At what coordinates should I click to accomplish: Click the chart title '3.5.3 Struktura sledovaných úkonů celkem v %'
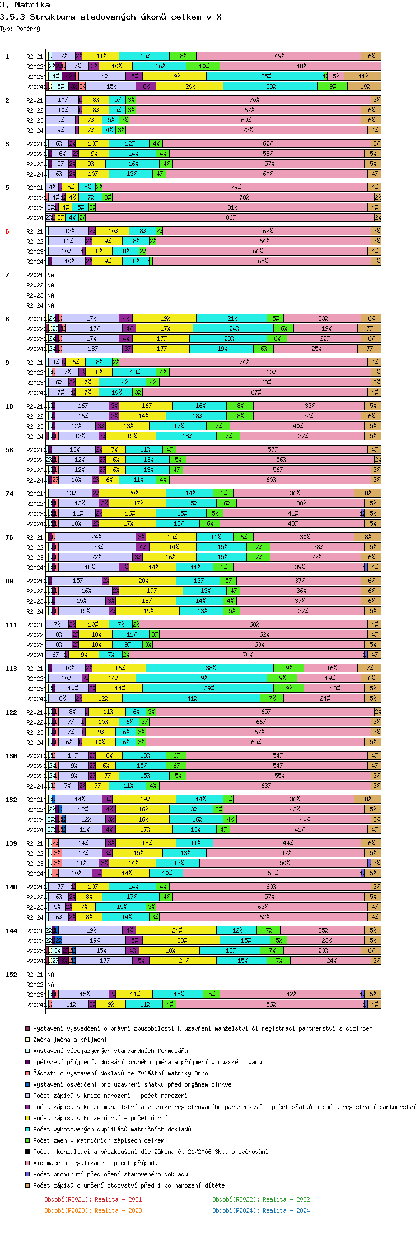(x=110, y=17)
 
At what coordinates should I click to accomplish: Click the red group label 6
(x=7, y=231)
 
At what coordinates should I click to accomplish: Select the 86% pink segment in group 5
(x=230, y=217)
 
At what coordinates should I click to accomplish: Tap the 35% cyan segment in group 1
(x=265, y=76)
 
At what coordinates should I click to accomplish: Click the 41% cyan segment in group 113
(x=192, y=698)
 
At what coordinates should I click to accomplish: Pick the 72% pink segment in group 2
(x=248, y=130)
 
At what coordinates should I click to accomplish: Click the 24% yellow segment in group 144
(x=176, y=930)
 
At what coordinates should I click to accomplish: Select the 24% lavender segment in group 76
(x=96, y=537)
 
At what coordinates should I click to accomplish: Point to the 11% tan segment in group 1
(x=363, y=76)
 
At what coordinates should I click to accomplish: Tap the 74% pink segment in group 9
(x=244, y=362)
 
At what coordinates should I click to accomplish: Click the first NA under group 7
(x=51, y=275)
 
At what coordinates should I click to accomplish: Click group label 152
(x=11, y=975)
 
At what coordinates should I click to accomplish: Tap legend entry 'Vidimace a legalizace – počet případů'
(x=95, y=1163)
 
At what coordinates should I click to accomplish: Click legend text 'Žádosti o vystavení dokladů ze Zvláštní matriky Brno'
(x=120, y=1073)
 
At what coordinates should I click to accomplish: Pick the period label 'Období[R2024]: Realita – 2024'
(x=260, y=1210)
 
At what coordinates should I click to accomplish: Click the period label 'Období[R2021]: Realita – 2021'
(x=93, y=1199)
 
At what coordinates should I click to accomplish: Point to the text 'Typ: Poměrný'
(x=20, y=29)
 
